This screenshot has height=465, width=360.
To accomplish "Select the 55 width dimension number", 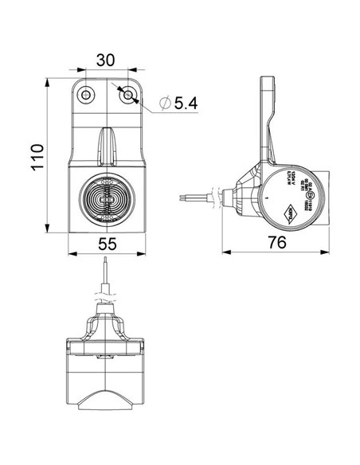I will pos(109,246).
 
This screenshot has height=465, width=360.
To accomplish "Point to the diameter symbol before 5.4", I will pos(163,104).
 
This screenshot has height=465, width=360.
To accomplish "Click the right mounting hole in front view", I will pos(129,96).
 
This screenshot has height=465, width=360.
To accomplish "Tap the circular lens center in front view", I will pos(108,197).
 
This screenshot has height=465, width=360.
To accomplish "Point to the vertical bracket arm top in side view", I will pos(270,84).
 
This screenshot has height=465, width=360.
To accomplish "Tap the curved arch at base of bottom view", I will pos(108,397).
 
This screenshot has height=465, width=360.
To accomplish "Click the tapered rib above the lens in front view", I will pos(108,147).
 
